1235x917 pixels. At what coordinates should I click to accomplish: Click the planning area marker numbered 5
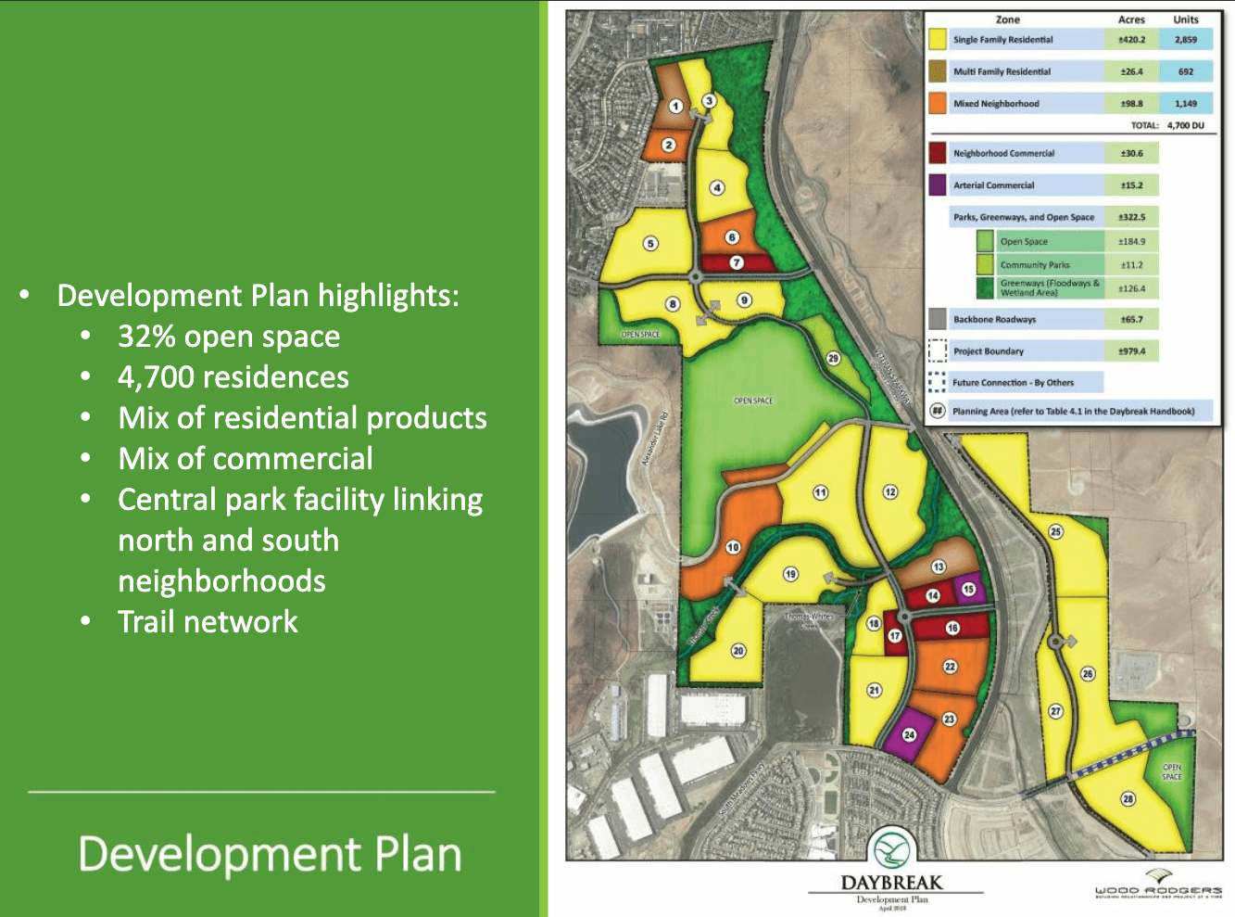(x=650, y=244)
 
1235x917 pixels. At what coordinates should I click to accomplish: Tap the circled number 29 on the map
(x=833, y=358)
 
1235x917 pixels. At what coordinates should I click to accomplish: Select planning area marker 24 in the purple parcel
(x=909, y=734)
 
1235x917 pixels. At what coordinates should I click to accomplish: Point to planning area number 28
(x=1128, y=798)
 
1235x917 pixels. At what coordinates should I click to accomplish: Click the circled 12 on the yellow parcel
(x=889, y=492)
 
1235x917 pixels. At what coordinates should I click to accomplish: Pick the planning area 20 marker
(x=738, y=651)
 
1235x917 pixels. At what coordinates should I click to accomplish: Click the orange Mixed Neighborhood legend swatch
(x=937, y=103)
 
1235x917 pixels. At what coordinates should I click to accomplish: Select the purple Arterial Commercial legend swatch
(x=937, y=185)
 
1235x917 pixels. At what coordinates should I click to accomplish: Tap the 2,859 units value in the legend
(x=1186, y=40)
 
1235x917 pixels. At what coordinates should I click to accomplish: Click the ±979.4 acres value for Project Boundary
(x=1131, y=351)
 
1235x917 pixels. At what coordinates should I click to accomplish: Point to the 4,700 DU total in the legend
(x=1185, y=125)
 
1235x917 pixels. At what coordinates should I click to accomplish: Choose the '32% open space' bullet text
(x=228, y=337)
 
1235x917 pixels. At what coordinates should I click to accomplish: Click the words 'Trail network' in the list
(x=208, y=621)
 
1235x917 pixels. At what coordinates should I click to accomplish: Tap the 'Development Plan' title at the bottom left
(x=270, y=854)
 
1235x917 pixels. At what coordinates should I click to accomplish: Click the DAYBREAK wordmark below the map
(x=890, y=882)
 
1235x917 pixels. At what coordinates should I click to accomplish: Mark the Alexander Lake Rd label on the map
(x=658, y=439)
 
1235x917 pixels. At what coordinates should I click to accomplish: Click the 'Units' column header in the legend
(x=1185, y=19)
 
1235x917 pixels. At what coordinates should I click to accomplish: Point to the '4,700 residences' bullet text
(x=233, y=377)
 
